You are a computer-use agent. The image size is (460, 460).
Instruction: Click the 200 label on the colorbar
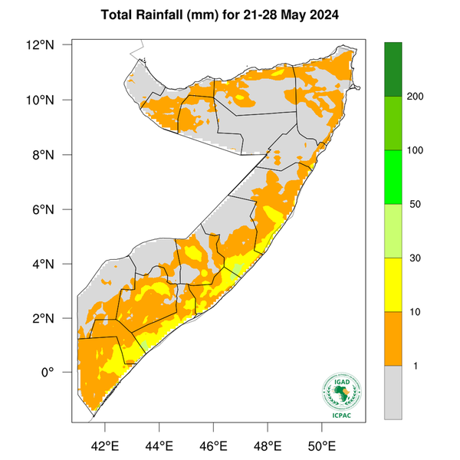point(419,97)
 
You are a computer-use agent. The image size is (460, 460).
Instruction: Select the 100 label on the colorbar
point(419,150)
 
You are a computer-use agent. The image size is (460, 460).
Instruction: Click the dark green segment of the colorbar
point(393,69)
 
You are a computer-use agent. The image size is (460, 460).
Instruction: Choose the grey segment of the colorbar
point(393,392)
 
